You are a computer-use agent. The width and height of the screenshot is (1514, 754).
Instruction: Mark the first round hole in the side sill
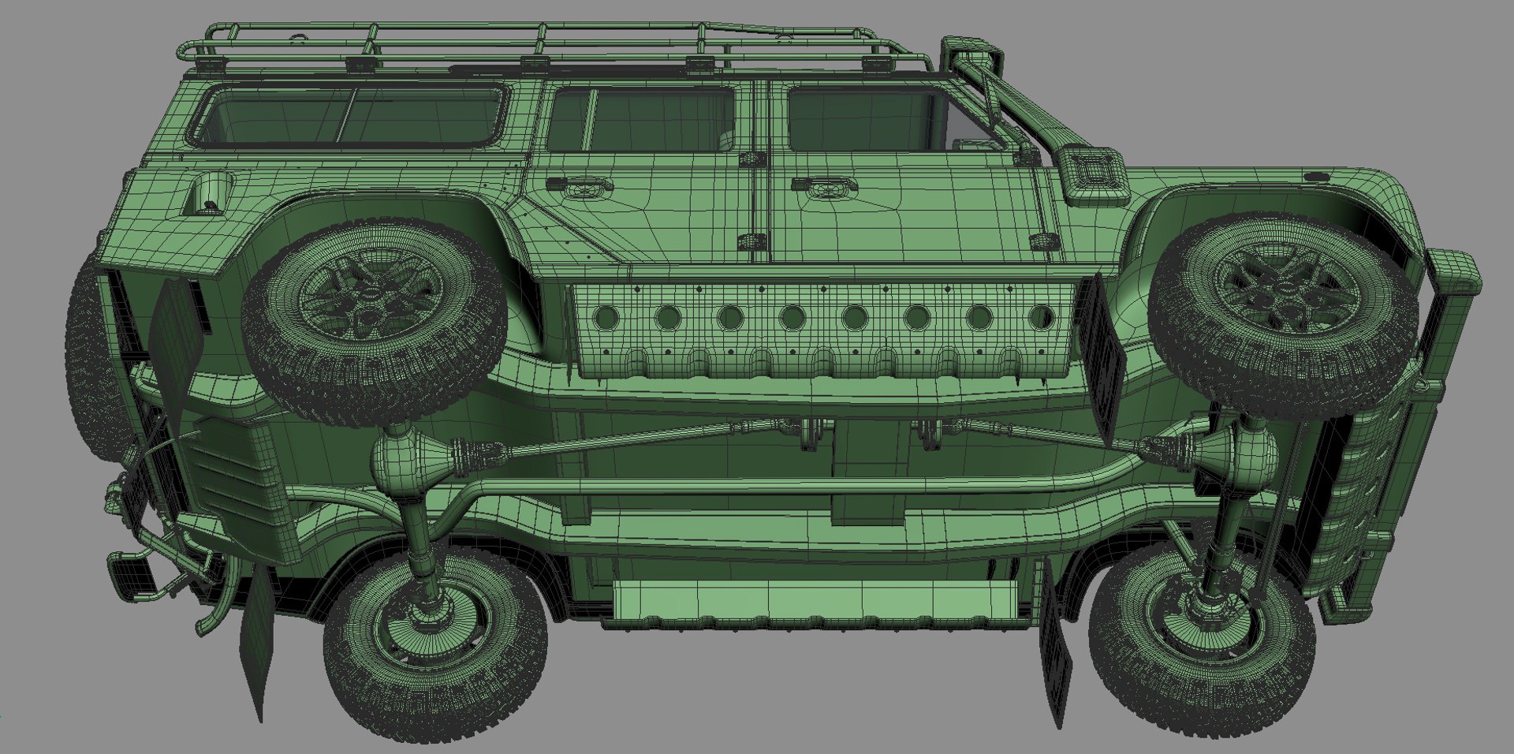click(607, 317)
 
